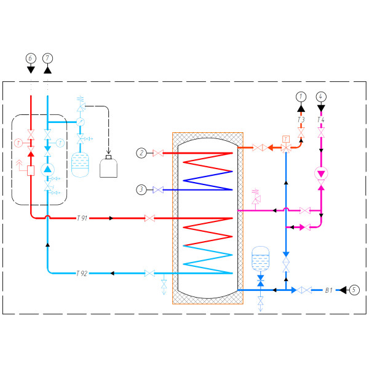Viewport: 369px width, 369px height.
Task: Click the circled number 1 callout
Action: (x=301, y=96)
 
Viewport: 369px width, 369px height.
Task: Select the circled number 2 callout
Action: (x=142, y=153)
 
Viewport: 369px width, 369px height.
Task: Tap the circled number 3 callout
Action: (x=142, y=190)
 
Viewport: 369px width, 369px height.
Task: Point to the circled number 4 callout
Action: (x=320, y=96)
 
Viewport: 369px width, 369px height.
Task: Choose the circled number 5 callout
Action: (x=354, y=290)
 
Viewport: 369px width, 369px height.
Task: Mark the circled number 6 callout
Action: (x=31, y=58)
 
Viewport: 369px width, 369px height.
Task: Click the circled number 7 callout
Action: (x=48, y=58)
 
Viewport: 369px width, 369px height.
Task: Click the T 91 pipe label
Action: (x=82, y=218)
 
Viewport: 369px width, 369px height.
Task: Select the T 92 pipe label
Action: (x=82, y=273)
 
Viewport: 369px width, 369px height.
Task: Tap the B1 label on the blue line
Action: (x=328, y=290)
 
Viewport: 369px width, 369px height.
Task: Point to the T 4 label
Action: (x=320, y=120)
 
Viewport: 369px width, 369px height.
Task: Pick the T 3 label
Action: (x=301, y=120)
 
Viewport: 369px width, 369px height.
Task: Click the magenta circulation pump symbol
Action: (x=320, y=173)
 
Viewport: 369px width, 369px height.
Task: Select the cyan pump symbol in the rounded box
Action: (x=48, y=169)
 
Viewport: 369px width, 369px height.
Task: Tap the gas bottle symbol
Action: (x=110, y=165)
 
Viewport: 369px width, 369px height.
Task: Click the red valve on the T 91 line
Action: (x=149, y=218)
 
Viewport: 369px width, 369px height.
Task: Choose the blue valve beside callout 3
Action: (x=158, y=190)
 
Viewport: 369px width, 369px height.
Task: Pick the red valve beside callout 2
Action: (x=158, y=153)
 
